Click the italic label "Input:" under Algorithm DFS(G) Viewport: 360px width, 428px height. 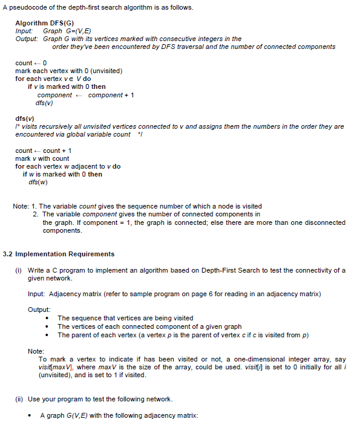(x=25, y=30)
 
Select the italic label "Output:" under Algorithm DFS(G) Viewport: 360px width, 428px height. (x=28, y=39)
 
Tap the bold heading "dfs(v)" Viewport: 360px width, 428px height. (x=24, y=118)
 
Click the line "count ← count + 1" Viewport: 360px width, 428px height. (x=44, y=151)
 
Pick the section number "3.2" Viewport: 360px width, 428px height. (x=8, y=254)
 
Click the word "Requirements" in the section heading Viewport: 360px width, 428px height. (x=90, y=254)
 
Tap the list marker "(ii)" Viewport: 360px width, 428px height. (x=19, y=399)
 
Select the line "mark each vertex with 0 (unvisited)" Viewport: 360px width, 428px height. (x=69, y=71)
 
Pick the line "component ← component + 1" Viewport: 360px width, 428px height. (x=85, y=95)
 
